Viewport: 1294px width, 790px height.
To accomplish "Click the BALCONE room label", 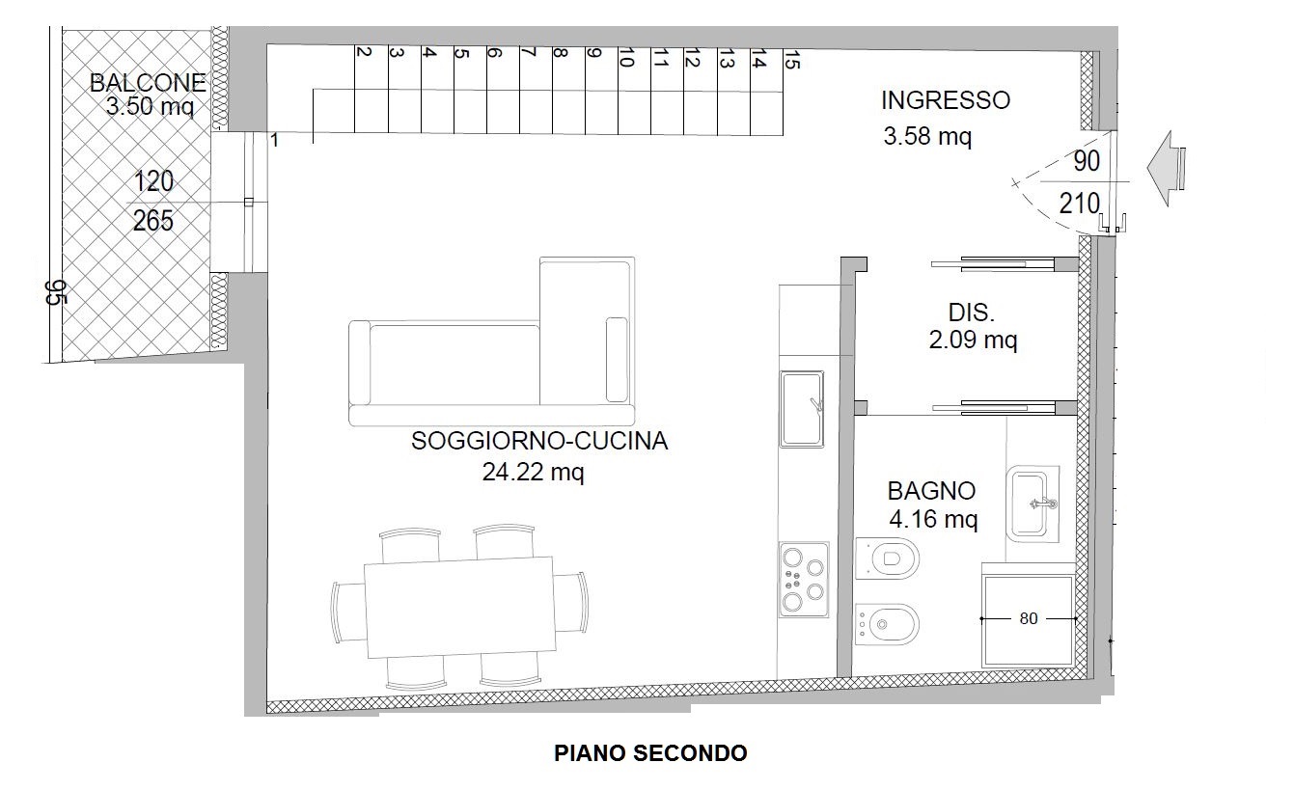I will (x=148, y=83).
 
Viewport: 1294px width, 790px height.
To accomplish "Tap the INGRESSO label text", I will (x=945, y=100).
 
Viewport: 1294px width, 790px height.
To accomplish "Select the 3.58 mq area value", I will (x=926, y=137).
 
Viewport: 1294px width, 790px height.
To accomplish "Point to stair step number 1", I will (x=274, y=141).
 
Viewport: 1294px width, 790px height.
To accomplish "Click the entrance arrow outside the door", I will (x=1166, y=170).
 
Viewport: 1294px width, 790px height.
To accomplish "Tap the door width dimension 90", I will (x=1087, y=162).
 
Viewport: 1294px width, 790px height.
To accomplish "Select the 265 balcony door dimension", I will (x=153, y=221).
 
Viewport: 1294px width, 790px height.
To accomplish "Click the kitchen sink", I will (x=802, y=410).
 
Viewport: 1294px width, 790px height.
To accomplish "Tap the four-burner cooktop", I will (x=804, y=579).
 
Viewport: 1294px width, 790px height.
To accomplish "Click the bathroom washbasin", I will (x=1033, y=502).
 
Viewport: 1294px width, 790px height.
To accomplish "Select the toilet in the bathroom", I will (x=888, y=558).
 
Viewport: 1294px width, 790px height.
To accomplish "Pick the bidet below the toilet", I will (x=887, y=624).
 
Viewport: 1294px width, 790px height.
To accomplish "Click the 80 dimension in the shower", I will (x=1029, y=618).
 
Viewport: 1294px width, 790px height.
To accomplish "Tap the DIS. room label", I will (x=971, y=313).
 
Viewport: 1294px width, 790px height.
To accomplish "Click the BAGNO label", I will (x=931, y=491).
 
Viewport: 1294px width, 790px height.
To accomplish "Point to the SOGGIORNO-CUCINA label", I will (x=538, y=442).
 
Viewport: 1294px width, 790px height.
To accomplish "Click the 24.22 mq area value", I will (x=533, y=473).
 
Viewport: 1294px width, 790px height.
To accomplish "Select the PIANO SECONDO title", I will (x=650, y=753).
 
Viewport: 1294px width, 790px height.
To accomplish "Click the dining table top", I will (x=458, y=608).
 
